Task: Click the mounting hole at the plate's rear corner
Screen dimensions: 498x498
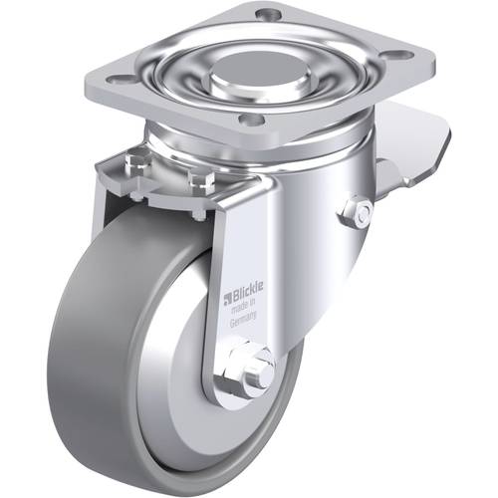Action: click(264, 15)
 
